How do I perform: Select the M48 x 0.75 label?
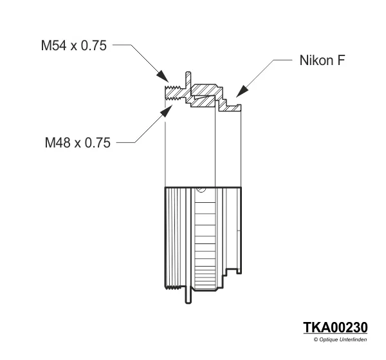click(x=77, y=142)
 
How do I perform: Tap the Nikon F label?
click(x=323, y=61)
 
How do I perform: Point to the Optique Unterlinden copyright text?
click(x=340, y=339)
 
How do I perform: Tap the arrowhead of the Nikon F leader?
click(x=239, y=94)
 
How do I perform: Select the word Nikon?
click(x=317, y=61)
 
